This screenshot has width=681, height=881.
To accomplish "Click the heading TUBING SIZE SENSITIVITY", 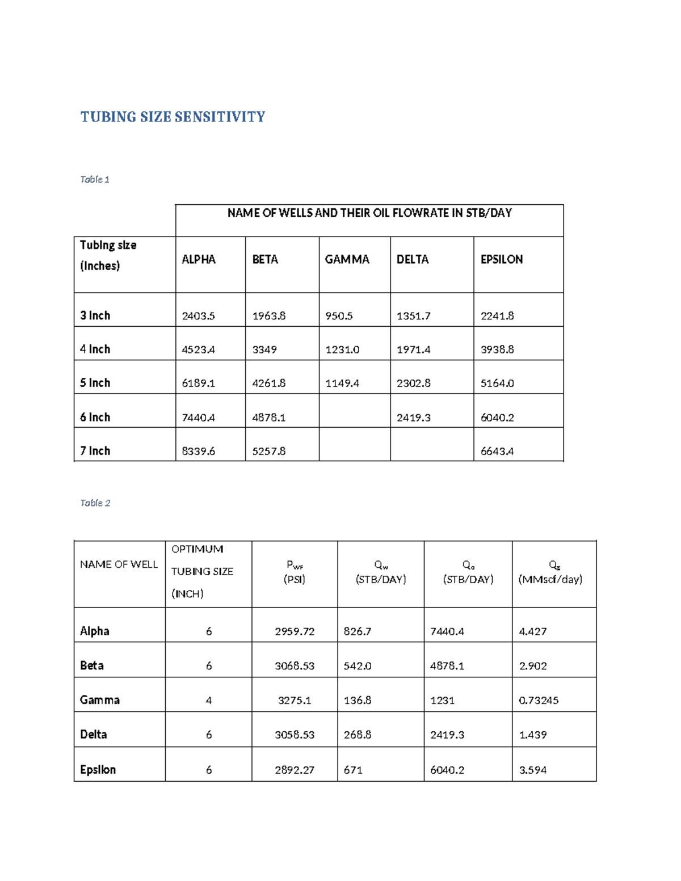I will coord(173,117).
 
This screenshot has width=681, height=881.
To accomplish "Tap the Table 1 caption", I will coord(95,179).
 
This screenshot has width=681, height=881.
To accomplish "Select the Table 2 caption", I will coord(95,503).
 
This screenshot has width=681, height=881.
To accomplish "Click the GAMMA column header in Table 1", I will coord(347,259).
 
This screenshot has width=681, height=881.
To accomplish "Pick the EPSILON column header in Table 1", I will coord(502,259).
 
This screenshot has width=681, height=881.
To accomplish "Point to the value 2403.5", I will coord(198,316).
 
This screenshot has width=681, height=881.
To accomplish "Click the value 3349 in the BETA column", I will coord(264,349).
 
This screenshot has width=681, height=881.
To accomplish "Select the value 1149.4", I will coord(342,383).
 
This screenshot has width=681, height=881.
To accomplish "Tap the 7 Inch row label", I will coord(95,451).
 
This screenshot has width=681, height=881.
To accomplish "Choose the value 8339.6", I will coord(198,452).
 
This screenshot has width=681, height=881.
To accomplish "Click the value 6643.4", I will coord(497,452).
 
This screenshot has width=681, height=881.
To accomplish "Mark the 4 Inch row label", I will coord(95,349).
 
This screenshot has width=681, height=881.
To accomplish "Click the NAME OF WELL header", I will coord(119,564).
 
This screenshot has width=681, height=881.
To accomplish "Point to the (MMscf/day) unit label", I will coord(550,579).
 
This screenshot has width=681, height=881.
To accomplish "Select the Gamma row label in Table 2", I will coord(100,700).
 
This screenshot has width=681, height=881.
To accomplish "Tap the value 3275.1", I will coord(295,701).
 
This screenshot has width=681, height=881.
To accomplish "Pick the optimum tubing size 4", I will coord(209,701).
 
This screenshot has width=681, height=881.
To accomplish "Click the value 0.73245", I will coord(539,701).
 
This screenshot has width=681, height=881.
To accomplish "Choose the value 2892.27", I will coord(295,770).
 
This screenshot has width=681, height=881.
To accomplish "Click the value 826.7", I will coord(358,631).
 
